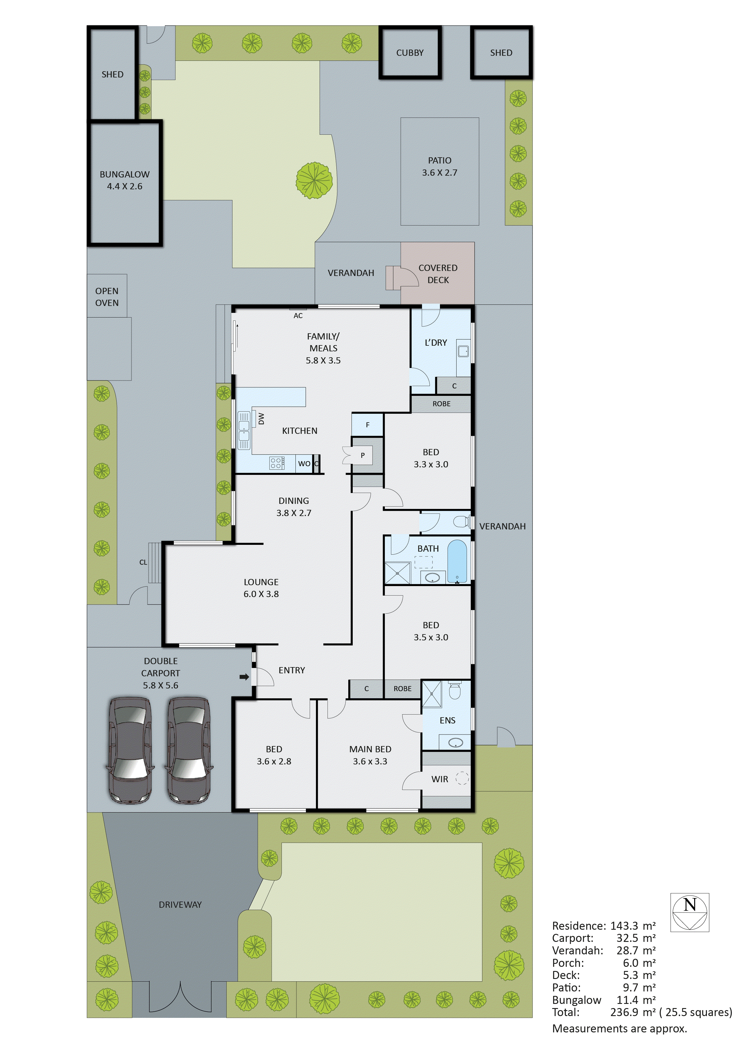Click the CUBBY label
410,53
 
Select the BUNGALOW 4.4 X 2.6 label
125,180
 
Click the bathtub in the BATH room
457,561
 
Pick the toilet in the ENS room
454,691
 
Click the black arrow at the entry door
244,677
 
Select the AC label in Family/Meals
298,315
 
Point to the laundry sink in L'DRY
463,350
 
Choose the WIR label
440,779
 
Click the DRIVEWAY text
180,904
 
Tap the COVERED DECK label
438,274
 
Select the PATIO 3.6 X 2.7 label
440,166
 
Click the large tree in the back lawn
314,180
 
